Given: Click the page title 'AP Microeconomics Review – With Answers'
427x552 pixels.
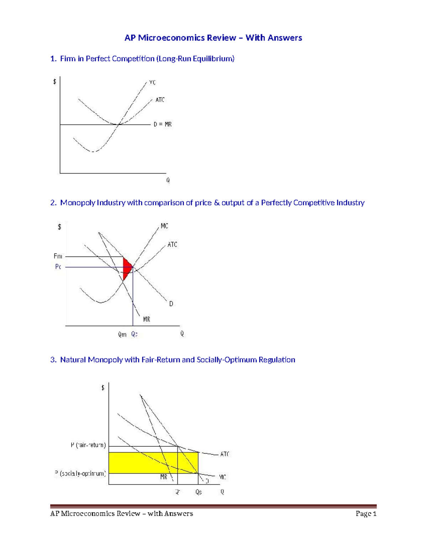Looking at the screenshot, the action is (x=213, y=38).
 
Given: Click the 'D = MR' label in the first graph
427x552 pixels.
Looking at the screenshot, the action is (x=163, y=124).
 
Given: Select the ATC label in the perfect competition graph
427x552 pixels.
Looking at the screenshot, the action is (x=160, y=100).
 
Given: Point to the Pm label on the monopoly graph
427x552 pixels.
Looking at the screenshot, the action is (x=58, y=256).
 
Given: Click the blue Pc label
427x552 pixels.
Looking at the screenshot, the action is (x=58, y=267).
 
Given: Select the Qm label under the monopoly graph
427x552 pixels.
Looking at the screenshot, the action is (x=122, y=334).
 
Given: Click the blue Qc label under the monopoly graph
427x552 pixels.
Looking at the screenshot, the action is (x=134, y=334).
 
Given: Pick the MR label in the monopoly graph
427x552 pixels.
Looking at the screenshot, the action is (x=147, y=319).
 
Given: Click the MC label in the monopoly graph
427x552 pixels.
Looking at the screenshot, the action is (x=164, y=226).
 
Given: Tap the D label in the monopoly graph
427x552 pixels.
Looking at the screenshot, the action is (x=171, y=304).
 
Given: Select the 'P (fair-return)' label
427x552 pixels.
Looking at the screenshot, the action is (x=88, y=445).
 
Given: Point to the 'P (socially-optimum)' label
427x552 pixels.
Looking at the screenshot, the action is (x=80, y=473).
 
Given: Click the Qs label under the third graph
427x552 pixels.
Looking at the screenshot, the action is (x=199, y=492).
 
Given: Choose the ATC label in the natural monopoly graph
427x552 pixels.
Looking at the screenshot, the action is (x=225, y=454).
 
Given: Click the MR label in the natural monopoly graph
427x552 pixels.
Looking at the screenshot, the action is (x=164, y=477).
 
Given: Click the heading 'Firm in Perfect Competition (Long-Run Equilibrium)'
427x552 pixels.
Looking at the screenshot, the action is (x=147, y=59).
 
